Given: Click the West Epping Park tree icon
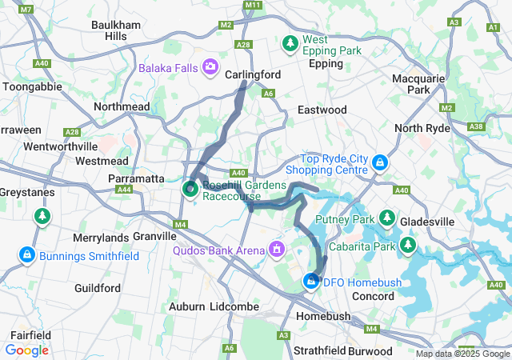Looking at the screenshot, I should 290,42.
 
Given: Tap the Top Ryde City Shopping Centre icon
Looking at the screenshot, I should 381,164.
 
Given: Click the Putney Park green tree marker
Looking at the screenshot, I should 388,218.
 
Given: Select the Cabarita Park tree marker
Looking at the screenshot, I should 408,244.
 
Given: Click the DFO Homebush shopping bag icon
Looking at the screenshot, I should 310,282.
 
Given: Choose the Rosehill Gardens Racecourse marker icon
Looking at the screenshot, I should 191,190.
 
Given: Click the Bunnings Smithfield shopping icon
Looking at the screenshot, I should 27,255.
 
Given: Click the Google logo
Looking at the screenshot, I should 26,350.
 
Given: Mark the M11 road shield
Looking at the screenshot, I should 254,6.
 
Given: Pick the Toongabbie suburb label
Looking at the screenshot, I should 30,86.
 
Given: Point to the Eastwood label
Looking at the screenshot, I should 322,109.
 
